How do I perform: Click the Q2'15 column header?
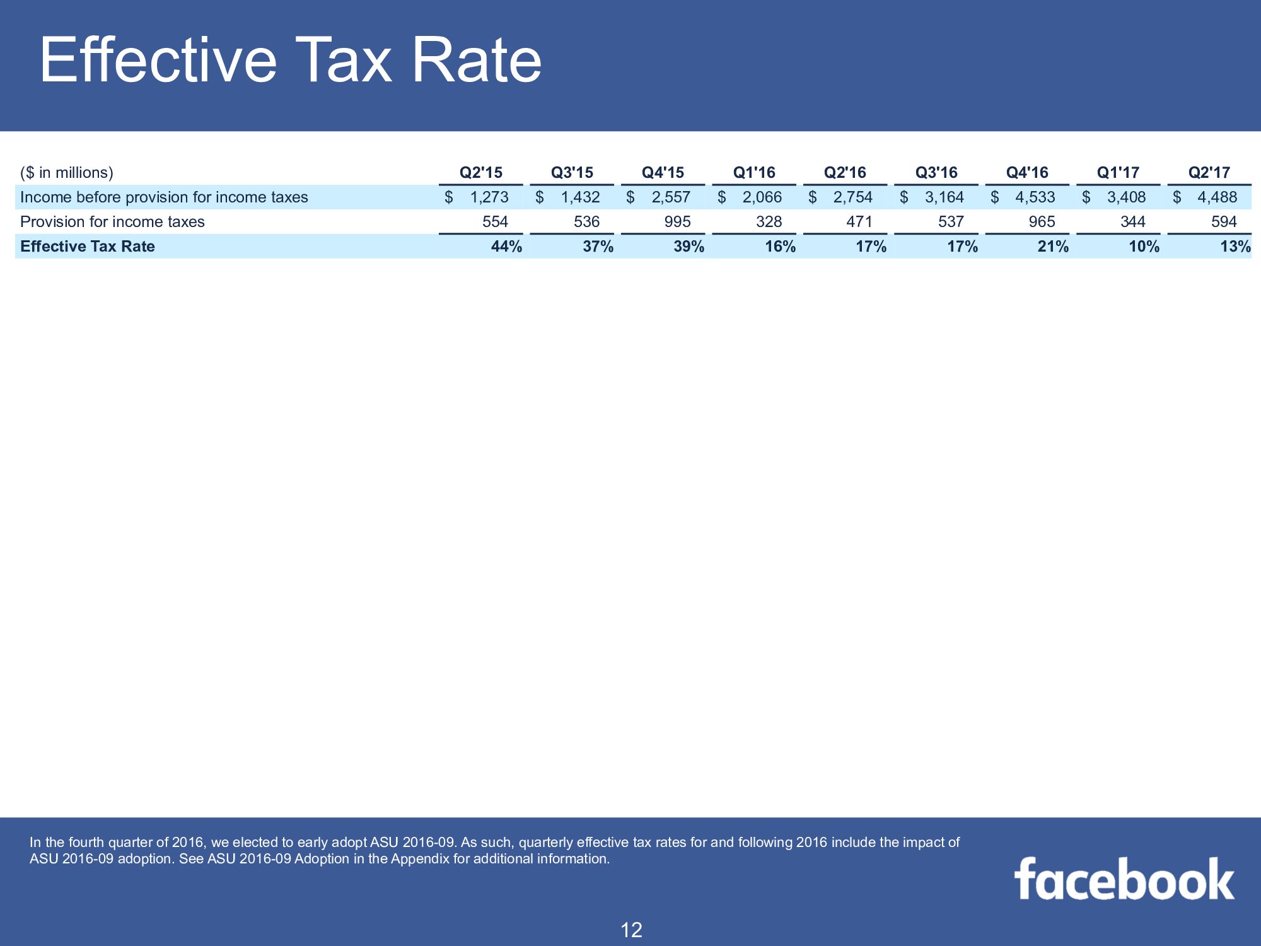480,172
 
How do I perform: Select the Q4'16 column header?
1027,172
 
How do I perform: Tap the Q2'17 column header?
1209,172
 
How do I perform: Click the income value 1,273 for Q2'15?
489,197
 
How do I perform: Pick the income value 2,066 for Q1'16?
762,197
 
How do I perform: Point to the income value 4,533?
1035,197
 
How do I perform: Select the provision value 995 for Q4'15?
677,222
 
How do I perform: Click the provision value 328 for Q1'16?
769,222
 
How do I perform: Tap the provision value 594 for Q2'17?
1224,222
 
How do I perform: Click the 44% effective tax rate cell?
506,247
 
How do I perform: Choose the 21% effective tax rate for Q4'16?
1053,247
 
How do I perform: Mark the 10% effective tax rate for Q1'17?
1144,247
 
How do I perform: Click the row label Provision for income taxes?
112,222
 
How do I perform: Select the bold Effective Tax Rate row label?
88,247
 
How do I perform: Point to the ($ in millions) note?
67,173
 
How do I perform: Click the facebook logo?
1124,879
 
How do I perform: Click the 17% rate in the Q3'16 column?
962,247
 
